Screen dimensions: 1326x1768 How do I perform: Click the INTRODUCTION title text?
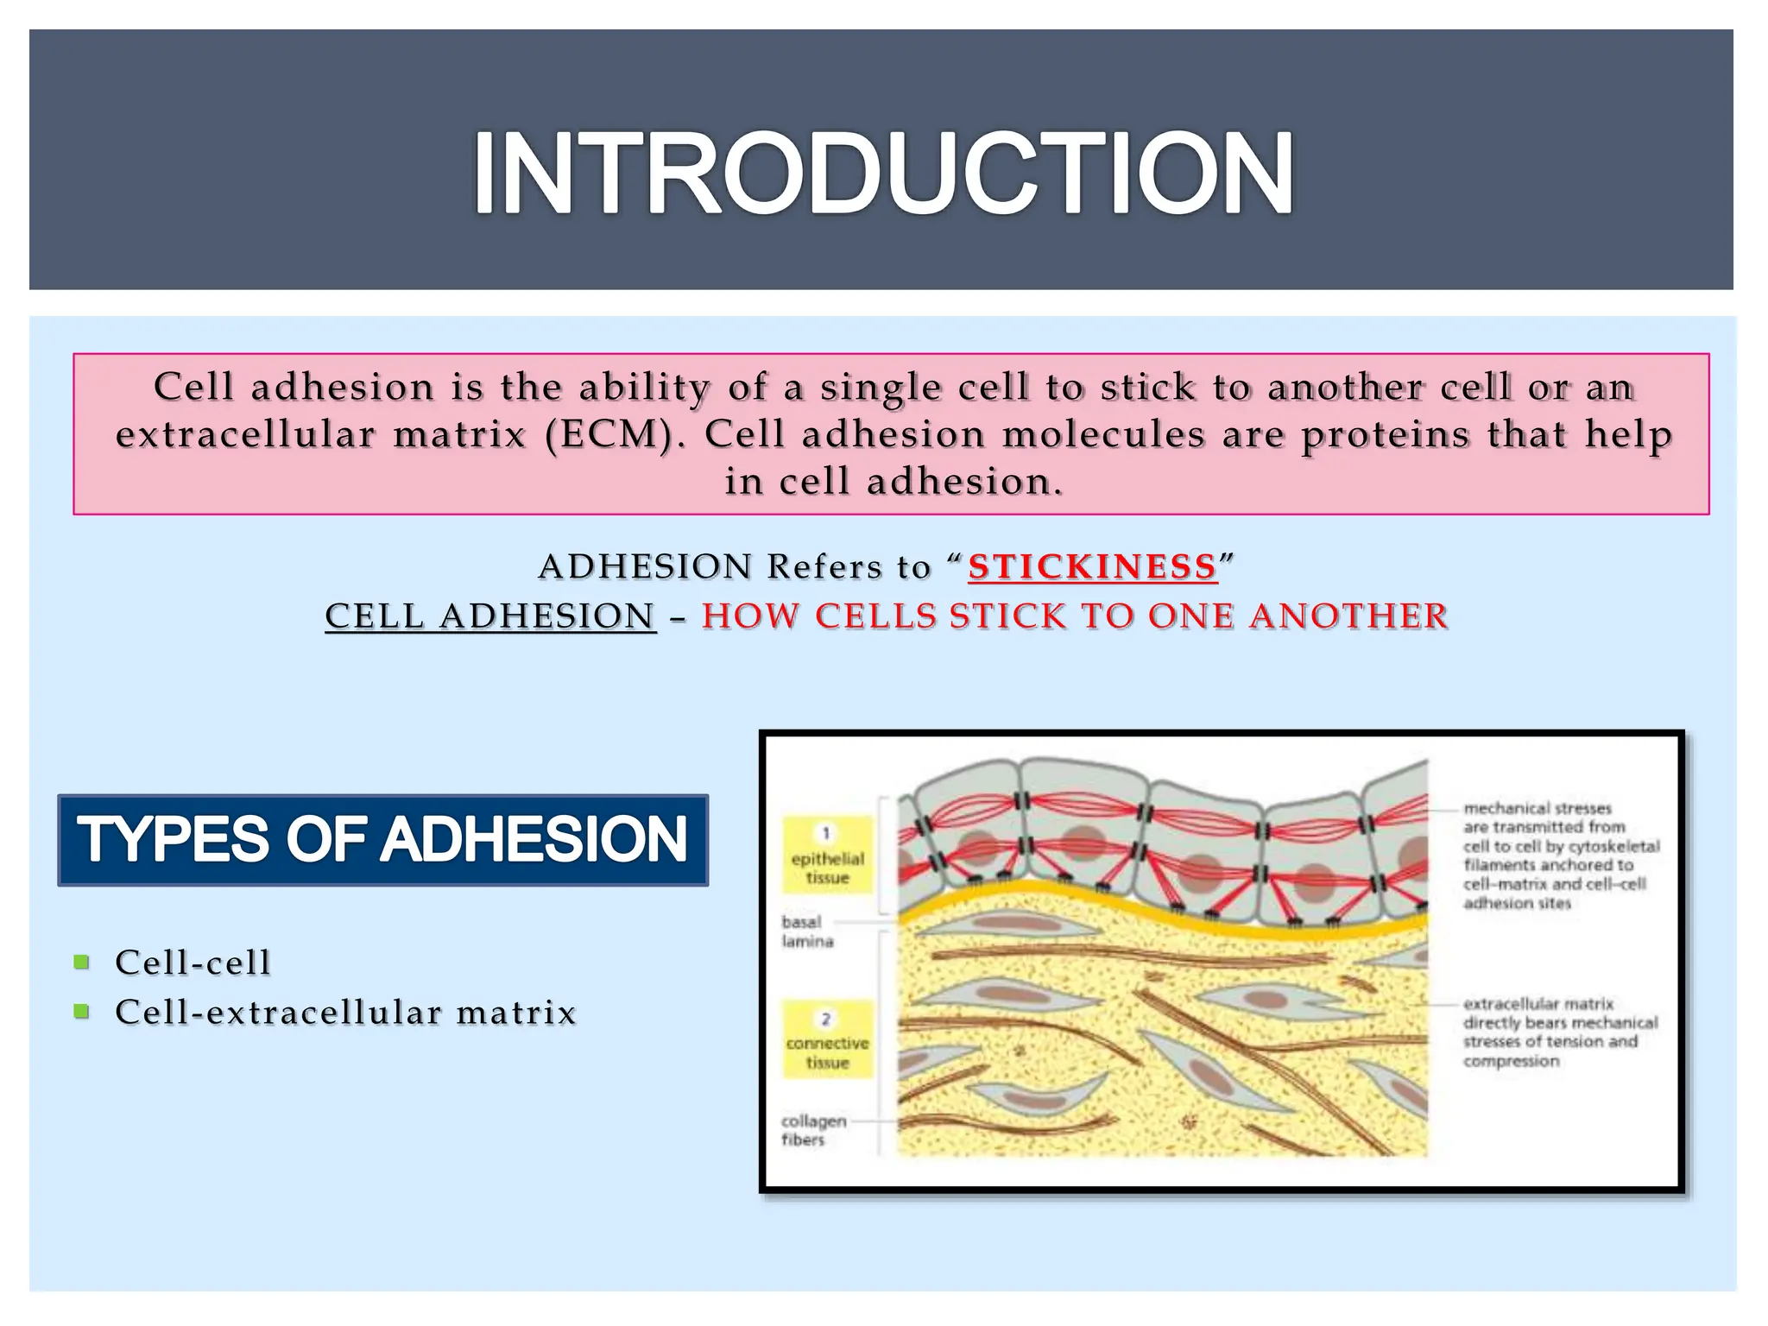click(882, 173)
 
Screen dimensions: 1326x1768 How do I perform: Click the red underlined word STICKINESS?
click(1092, 567)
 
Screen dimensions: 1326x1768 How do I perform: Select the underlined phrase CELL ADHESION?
click(489, 616)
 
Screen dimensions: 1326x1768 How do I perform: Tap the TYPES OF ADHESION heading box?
click(382, 840)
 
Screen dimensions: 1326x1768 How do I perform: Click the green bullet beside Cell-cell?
click(82, 962)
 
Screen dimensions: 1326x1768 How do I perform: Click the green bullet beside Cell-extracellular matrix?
click(82, 1011)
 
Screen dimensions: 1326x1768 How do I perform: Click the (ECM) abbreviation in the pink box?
click(609, 434)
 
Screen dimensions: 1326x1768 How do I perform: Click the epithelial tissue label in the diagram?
click(827, 868)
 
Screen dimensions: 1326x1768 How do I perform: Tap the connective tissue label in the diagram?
click(827, 1052)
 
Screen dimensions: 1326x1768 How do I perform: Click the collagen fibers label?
click(812, 1130)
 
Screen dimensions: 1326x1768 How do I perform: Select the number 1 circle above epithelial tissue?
click(826, 833)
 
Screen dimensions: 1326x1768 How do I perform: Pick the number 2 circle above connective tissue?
click(826, 1019)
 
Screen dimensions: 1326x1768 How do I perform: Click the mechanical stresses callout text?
click(1560, 856)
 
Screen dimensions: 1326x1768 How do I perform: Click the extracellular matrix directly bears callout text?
click(1559, 1032)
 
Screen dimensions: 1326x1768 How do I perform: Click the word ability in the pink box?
click(644, 387)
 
